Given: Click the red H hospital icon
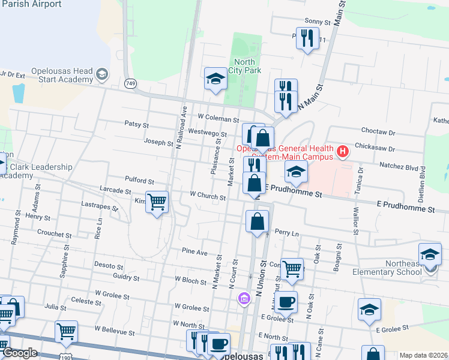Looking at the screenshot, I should (x=342, y=151).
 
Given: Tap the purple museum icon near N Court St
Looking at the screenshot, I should (x=243, y=299).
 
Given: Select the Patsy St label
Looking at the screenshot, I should (x=136, y=124).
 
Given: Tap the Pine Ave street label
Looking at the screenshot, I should (x=194, y=251).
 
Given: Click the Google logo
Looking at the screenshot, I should (x=19, y=353).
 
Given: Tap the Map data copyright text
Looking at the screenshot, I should (x=423, y=355).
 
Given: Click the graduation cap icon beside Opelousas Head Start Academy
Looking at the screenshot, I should (x=101, y=74).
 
